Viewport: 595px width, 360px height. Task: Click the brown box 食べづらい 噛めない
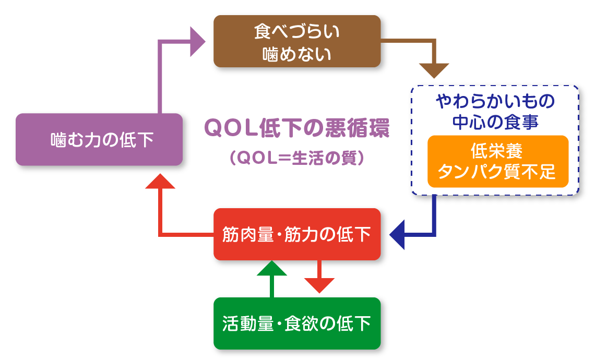[296, 41]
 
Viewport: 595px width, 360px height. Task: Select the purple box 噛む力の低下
[99, 139]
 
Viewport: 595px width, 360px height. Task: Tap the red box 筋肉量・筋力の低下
[296, 234]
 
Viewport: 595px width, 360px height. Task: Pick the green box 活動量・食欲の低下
[296, 323]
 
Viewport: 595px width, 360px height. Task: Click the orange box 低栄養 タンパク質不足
[497, 161]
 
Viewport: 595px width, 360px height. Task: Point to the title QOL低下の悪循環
[296, 128]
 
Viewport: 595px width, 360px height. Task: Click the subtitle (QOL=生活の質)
[296, 158]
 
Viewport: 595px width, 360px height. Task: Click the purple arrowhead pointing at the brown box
[197, 41]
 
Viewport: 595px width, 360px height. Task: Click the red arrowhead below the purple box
[159, 180]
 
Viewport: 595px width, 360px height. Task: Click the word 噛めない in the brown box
[296, 53]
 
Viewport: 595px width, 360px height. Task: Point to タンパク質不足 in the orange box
[497, 172]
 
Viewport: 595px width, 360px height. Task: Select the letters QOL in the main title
[227, 128]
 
